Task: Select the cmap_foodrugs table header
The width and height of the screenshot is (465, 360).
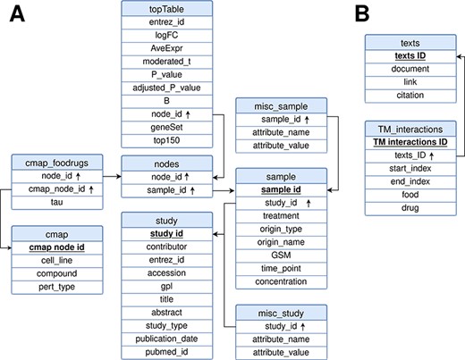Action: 51,162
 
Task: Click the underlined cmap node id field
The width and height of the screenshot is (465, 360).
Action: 51,247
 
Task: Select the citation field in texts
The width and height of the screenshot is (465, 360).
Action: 412,96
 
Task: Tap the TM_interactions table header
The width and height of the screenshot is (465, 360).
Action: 412,130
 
